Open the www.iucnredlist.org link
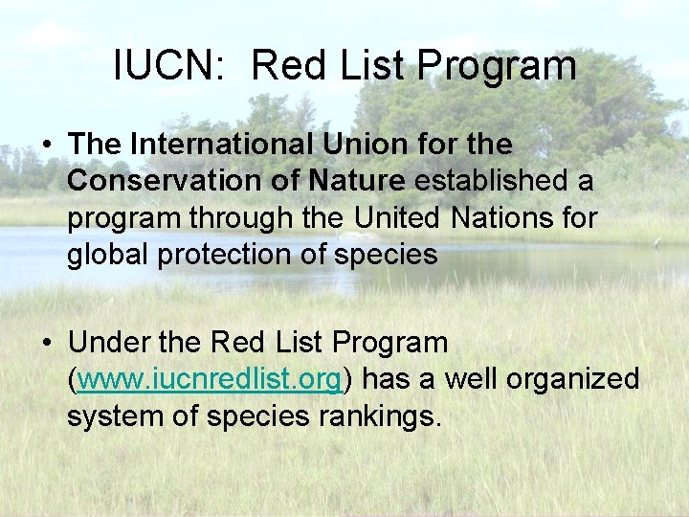(210, 379)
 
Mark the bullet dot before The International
(47, 146)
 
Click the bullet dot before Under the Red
(47, 343)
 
